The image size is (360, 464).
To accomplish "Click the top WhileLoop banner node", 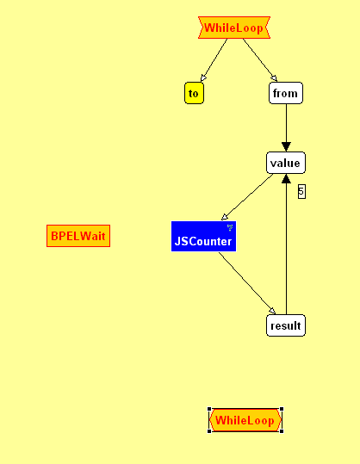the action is pyautogui.click(x=234, y=28).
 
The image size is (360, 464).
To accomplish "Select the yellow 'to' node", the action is pyautogui.click(x=194, y=93).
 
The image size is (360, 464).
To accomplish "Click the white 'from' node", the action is pyautogui.click(x=286, y=93).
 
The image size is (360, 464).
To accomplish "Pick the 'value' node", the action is pyautogui.click(x=286, y=163).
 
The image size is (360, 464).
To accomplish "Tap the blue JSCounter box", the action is pyautogui.click(x=203, y=236).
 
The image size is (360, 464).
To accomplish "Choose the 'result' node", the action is pyautogui.click(x=286, y=325).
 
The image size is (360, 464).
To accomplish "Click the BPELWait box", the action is pyautogui.click(x=78, y=236).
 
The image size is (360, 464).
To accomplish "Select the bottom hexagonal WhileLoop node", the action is pyautogui.click(x=245, y=420).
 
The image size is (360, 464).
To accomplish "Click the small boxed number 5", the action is pyautogui.click(x=301, y=191).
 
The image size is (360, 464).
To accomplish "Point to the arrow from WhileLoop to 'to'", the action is pyautogui.click(x=214, y=60).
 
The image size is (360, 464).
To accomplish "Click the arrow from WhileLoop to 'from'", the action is pyautogui.click(x=260, y=59).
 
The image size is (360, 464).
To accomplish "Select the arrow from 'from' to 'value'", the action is pyautogui.click(x=286, y=127).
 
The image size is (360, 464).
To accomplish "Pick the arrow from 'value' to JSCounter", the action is pyautogui.click(x=247, y=197).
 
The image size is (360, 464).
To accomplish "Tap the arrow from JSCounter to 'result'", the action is pyautogui.click(x=247, y=283).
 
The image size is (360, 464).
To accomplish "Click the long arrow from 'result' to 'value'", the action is pyautogui.click(x=286, y=244).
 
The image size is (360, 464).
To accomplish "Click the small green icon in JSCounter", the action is pyautogui.click(x=230, y=227).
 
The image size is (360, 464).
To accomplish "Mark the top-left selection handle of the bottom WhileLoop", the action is pyautogui.click(x=209, y=409).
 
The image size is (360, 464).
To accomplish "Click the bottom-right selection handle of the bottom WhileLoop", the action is pyautogui.click(x=282, y=431).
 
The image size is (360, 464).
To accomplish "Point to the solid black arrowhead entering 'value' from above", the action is pyautogui.click(x=286, y=147).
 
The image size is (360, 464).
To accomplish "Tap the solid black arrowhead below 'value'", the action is pyautogui.click(x=286, y=178).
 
